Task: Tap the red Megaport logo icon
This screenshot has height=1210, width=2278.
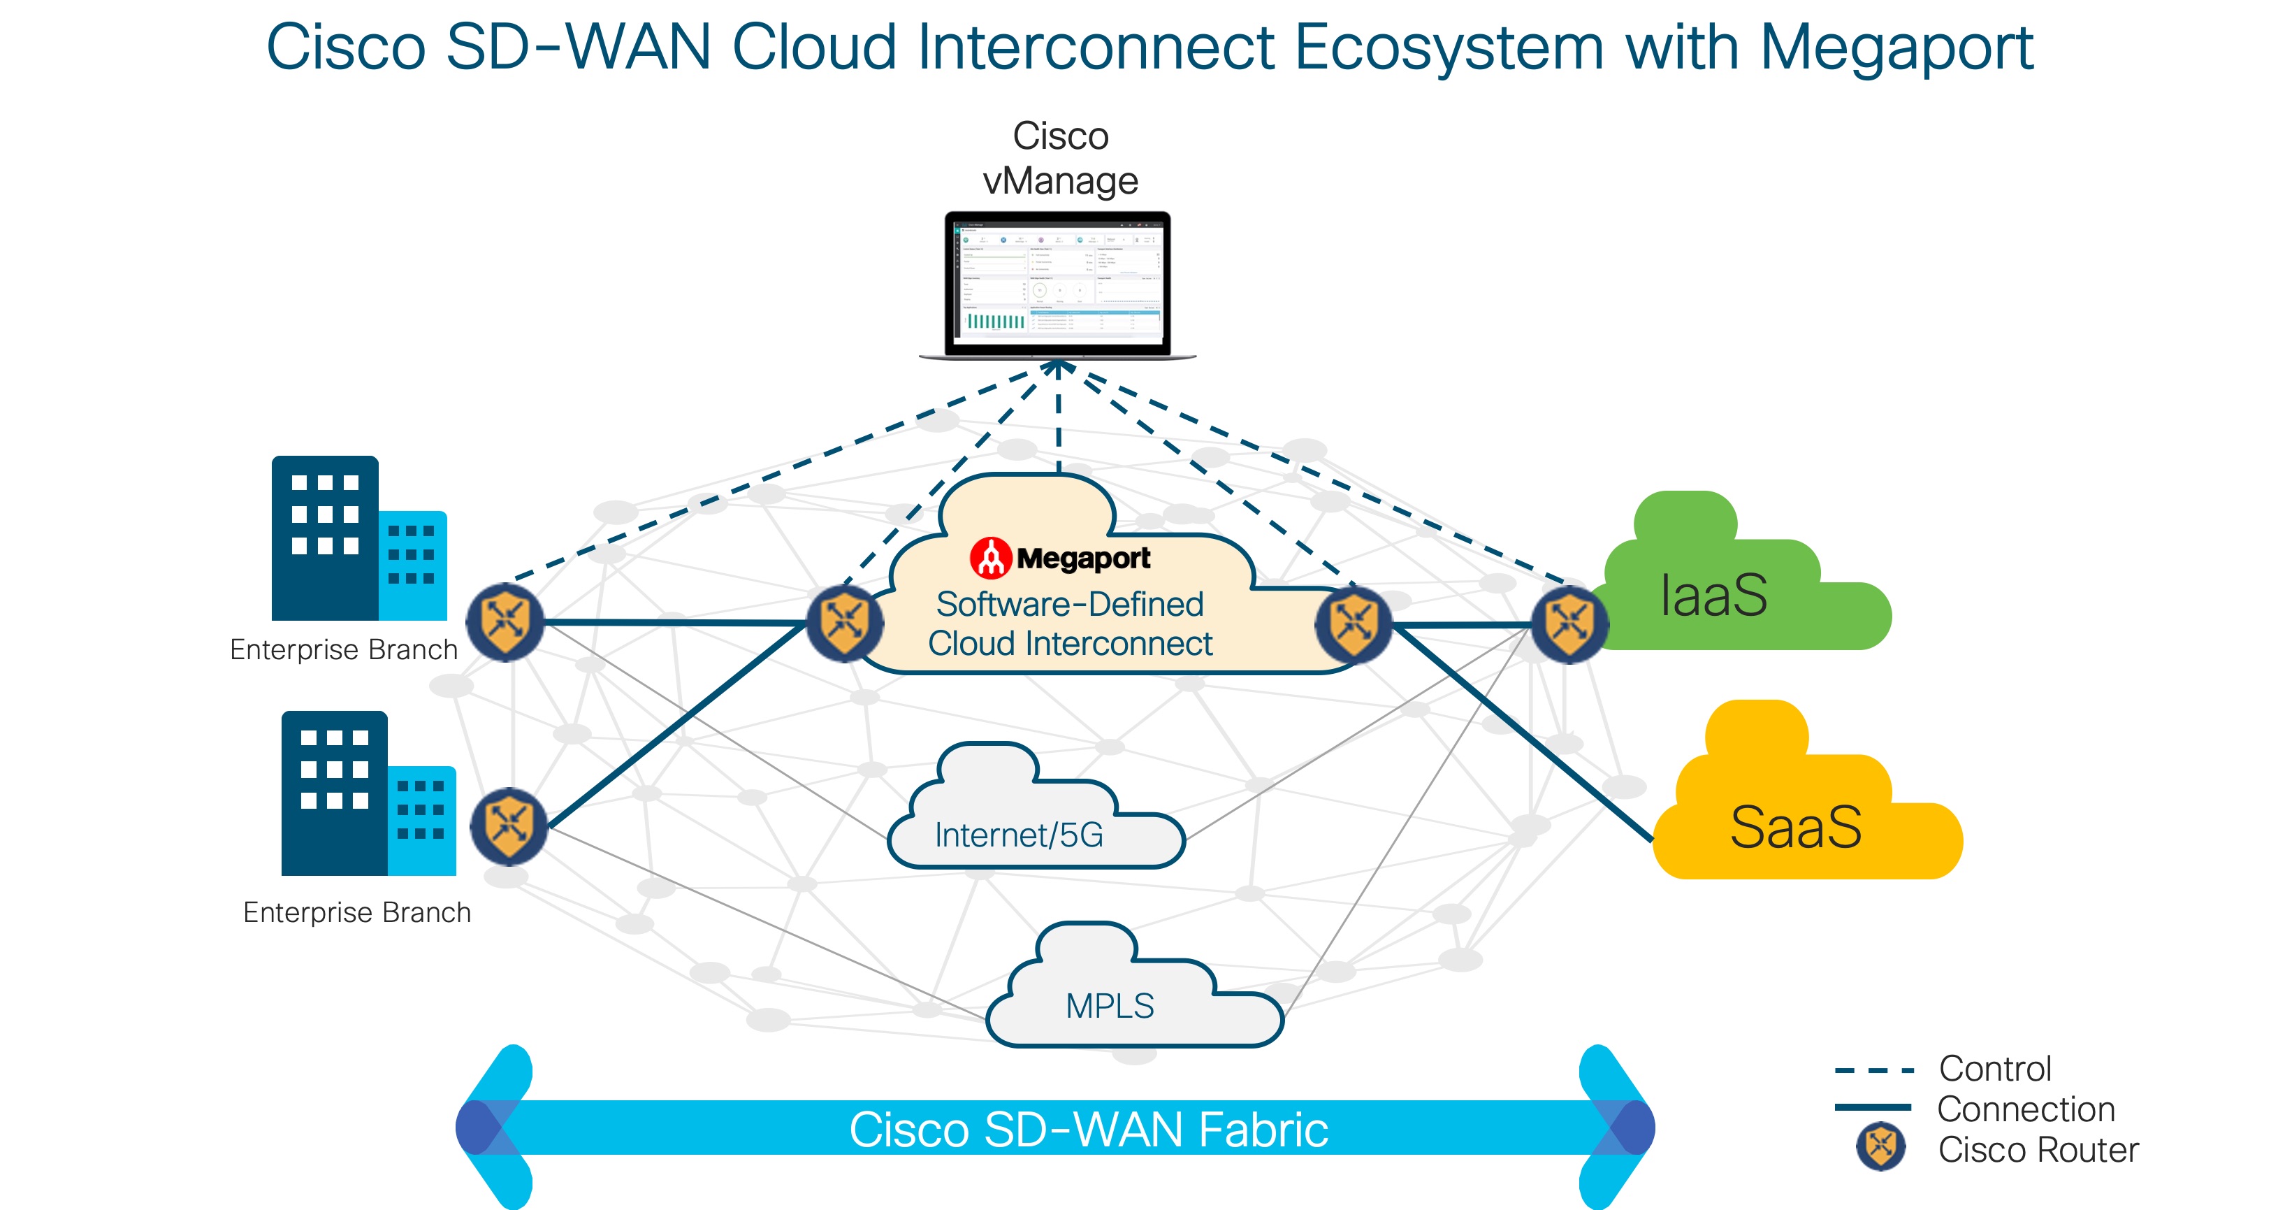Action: (x=990, y=558)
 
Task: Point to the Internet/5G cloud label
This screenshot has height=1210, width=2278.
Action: (x=1019, y=835)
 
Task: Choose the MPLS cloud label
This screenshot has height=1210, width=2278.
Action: (x=1110, y=1006)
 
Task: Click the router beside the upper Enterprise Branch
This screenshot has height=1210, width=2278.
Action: (x=505, y=622)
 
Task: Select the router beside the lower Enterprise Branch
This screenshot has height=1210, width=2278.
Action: (x=509, y=826)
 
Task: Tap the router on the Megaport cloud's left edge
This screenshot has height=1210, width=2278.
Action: (x=845, y=623)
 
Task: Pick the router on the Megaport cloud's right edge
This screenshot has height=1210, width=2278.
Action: (x=1353, y=624)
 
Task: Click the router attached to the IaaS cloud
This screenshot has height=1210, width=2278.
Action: (x=1569, y=624)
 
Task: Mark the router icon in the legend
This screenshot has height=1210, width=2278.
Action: (x=1880, y=1147)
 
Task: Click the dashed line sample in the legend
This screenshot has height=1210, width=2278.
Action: (x=1875, y=1070)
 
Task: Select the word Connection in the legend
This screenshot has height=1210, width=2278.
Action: (x=2025, y=1109)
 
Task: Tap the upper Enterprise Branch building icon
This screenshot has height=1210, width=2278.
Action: (x=358, y=540)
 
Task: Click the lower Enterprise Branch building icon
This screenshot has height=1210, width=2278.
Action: (x=368, y=794)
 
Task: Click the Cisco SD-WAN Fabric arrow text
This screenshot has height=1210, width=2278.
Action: (x=1088, y=1130)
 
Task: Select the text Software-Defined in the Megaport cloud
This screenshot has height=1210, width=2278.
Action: (x=1070, y=604)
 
